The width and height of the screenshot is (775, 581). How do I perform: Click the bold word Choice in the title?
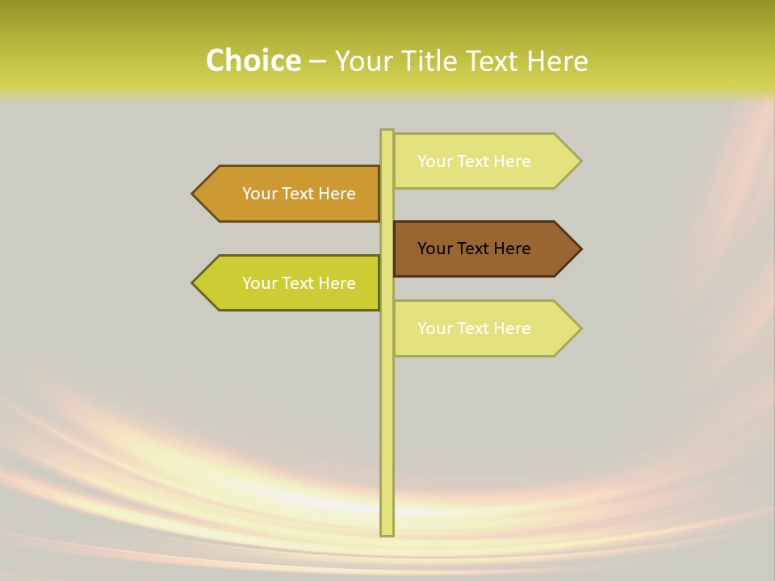click(253, 61)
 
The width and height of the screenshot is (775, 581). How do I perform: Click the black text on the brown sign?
click(474, 249)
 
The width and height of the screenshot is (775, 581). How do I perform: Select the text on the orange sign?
click(299, 194)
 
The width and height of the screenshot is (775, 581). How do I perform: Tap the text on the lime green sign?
click(299, 283)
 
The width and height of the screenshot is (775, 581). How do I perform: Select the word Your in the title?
click(362, 61)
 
